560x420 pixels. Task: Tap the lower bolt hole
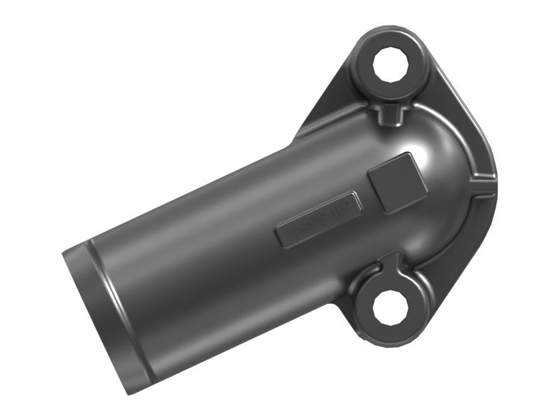point(387,309)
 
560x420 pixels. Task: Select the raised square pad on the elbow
point(397,181)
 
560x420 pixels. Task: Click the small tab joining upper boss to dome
point(391,112)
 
